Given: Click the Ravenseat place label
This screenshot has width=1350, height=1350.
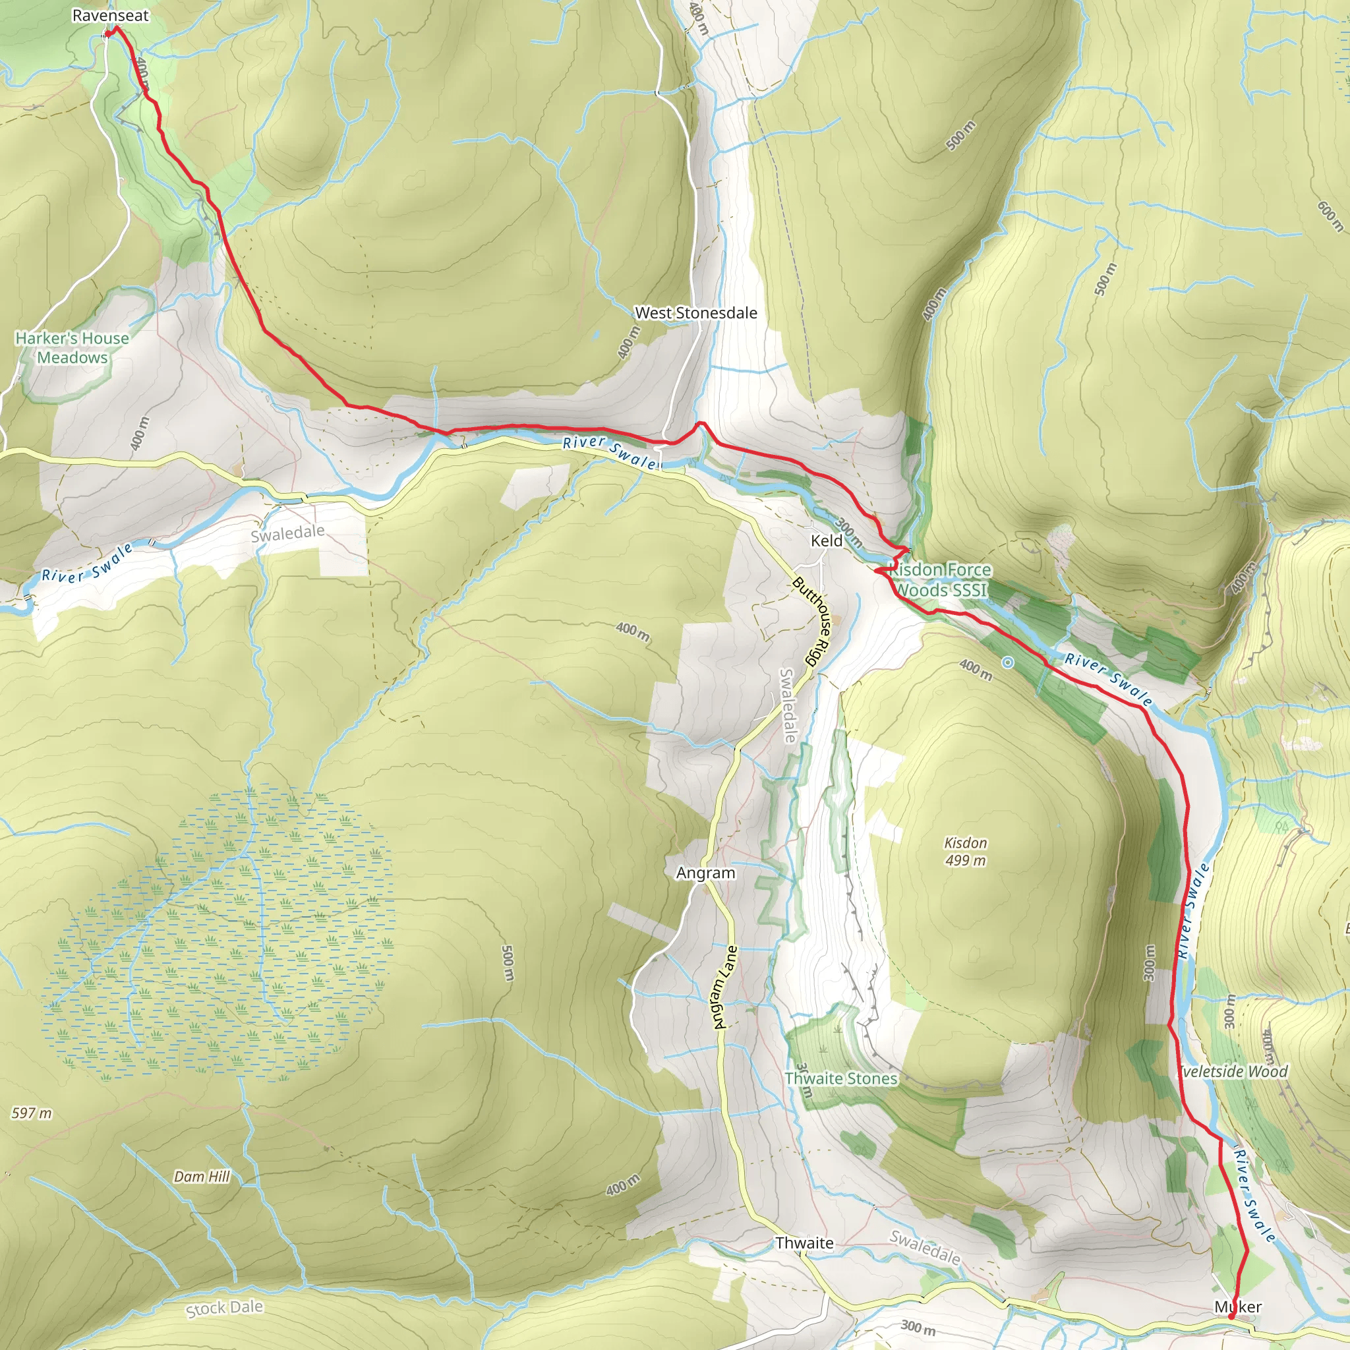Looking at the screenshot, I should coord(110,15).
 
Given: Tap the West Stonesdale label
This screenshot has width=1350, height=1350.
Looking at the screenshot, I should coord(695,313).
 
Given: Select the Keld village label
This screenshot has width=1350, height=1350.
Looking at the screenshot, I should coord(827,540).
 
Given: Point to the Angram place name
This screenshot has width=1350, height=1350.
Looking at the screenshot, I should coord(706,873).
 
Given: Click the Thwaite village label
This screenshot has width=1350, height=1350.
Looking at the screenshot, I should coord(804,1243).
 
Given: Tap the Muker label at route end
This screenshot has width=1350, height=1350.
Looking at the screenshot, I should coord(1237,1306).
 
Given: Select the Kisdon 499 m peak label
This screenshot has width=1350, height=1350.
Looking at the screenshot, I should coord(965,852).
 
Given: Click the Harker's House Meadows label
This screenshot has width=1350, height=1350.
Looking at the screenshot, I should coord(72,347).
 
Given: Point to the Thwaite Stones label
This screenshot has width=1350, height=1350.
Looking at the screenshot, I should coord(840,1079).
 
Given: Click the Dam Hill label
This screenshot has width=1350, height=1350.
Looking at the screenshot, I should coord(202,1177).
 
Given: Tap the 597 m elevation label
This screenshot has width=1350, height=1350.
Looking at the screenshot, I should coord(32,1113).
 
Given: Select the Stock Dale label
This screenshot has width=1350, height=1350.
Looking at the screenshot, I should coord(224,1308).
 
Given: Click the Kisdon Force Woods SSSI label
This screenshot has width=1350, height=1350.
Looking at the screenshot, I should coord(941,580).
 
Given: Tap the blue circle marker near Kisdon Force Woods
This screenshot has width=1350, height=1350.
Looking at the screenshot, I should coord(1008,662).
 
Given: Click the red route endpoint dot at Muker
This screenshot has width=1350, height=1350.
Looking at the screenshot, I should coord(1231,1317).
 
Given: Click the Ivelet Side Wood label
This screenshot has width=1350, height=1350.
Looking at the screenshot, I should coord(1234,1071).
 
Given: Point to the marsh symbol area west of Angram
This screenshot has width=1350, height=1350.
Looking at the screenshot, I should coord(217,933).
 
